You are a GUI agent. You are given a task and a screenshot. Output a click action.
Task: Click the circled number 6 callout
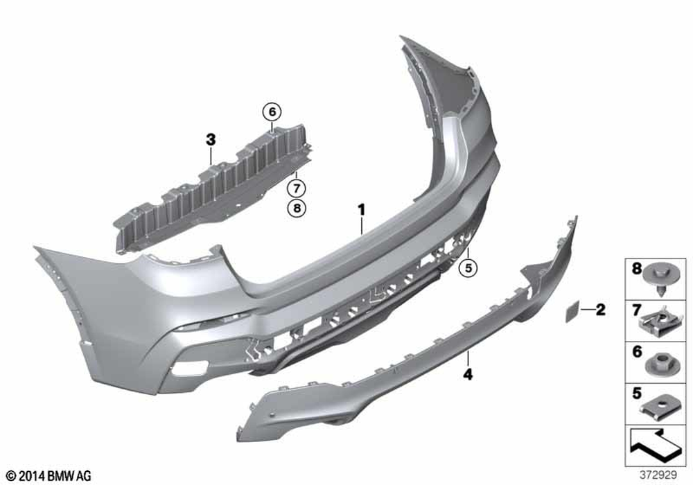pyautogui.click(x=272, y=112)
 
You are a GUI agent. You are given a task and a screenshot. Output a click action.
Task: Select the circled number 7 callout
pyautogui.click(x=296, y=188)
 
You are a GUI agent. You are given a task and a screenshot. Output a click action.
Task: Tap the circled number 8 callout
pyautogui.click(x=296, y=207)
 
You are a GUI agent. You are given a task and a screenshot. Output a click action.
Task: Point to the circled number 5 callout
pyautogui.click(x=468, y=267)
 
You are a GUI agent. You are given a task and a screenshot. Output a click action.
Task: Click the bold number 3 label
pyautogui.click(x=211, y=140)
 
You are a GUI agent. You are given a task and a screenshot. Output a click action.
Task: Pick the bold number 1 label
pyautogui.click(x=362, y=209)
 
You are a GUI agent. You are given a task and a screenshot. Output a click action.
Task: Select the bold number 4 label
pyautogui.click(x=468, y=375)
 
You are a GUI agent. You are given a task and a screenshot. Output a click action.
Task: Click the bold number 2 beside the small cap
pyautogui.click(x=600, y=310)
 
